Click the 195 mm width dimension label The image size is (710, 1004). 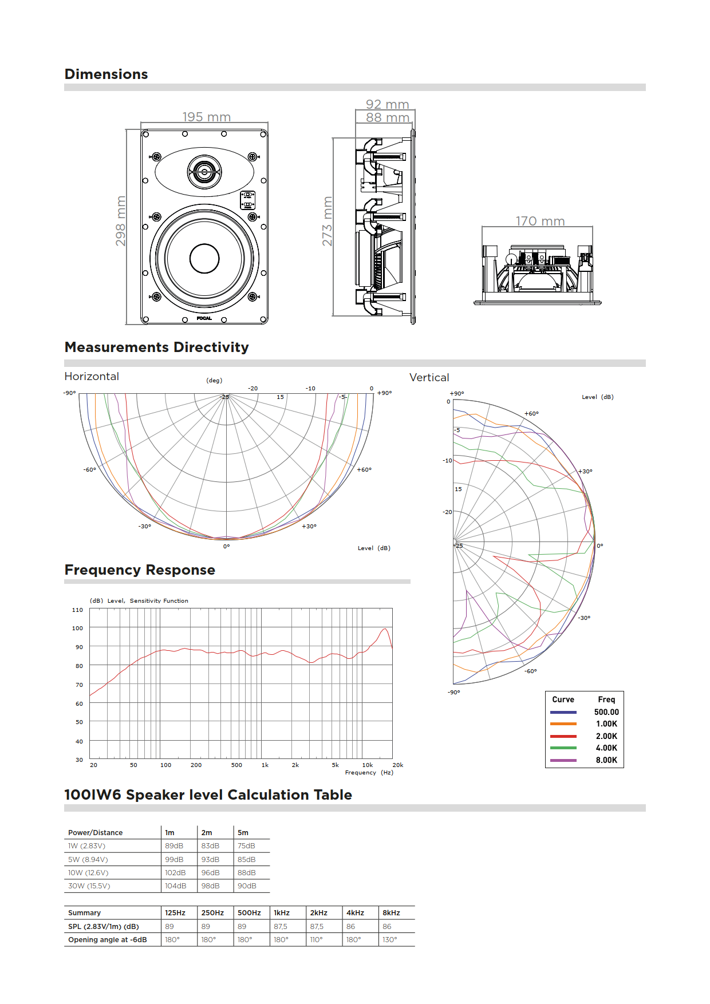206,117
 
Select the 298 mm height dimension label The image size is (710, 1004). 121,222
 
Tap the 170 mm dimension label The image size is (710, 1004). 540,221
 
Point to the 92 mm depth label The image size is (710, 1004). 387,104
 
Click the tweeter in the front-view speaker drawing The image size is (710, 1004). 204,171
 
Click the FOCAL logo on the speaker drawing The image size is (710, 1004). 204,318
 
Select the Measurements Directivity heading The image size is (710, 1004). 156,347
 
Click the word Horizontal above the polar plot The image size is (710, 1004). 92,376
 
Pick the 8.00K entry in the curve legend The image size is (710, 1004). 606,760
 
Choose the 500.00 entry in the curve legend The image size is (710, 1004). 606,712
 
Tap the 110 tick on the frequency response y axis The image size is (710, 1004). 77,610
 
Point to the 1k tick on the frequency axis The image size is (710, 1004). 265,765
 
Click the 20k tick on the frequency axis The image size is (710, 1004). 397,765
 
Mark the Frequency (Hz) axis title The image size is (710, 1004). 369,773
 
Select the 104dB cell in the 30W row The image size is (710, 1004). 175,886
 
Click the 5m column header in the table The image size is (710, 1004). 243,833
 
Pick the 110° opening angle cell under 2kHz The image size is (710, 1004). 317,940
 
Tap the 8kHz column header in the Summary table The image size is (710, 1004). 391,913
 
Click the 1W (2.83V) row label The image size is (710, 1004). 86,846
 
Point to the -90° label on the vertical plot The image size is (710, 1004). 453,692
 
